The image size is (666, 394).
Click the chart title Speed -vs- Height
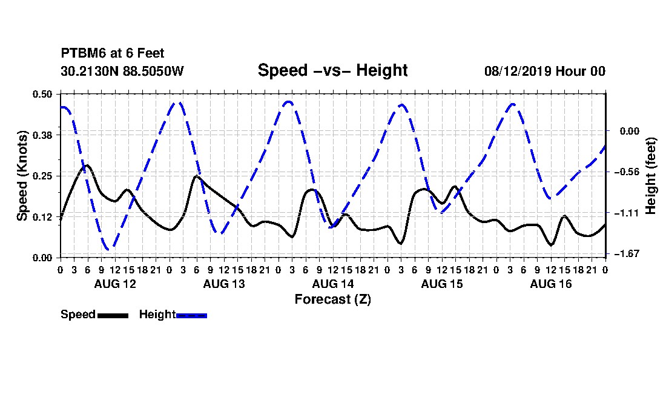pos(332,70)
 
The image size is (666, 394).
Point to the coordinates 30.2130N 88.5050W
pos(122,71)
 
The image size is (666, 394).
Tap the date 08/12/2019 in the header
pos(518,71)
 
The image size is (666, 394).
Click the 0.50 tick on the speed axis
pos(42,94)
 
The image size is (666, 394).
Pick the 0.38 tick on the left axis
pos(42,135)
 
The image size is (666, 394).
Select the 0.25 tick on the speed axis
pos(42,176)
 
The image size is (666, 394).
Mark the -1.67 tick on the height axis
pos(627,254)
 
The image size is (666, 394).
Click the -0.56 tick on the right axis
pos(627,172)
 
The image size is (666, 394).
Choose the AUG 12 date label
pos(115,284)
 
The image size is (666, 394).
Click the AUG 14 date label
pos(333,284)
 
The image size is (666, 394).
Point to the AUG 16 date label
pos(551,284)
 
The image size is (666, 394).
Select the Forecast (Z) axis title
pos(333,299)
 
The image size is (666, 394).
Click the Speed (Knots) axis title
pos(22,176)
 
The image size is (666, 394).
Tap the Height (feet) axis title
pos(650,176)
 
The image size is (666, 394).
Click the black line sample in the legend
pos(113,315)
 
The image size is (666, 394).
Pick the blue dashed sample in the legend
pos(191,315)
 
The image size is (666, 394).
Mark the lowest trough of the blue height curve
pos(108,249)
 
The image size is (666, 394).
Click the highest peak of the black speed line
pos(87,165)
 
